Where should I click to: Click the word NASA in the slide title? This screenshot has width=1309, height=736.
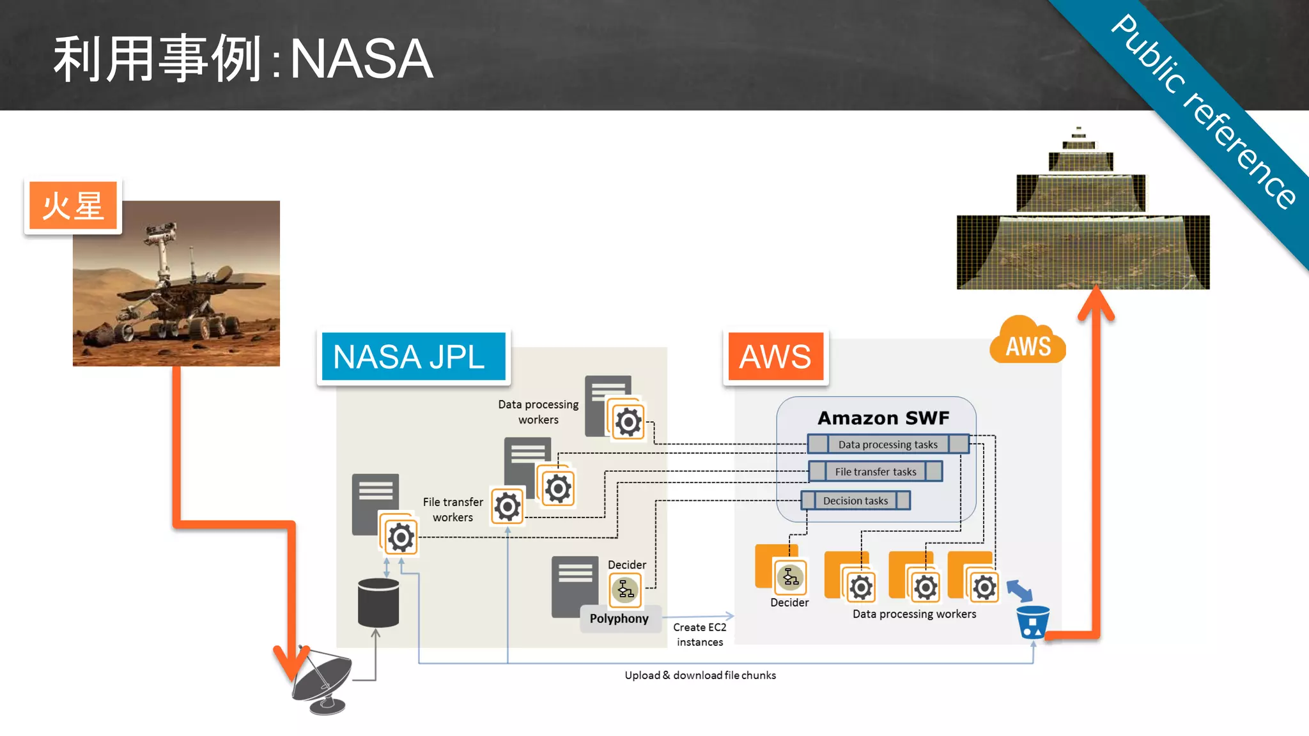click(x=362, y=59)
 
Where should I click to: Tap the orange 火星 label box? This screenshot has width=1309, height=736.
click(x=73, y=206)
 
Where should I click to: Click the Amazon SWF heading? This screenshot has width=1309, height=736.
click(x=883, y=418)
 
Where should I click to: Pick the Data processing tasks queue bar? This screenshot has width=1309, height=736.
click(x=888, y=444)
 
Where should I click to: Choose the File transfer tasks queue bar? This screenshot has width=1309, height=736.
click(x=875, y=471)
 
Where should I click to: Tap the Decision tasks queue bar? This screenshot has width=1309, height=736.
click(x=855, y=501)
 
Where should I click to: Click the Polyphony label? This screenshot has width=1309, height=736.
click(x=619, y=618)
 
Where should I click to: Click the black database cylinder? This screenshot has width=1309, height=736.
click(x=378, y=603)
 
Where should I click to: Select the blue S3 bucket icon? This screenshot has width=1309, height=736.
click(x=1032, y=622)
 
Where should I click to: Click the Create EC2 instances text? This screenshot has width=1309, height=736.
click(x=700, y=634)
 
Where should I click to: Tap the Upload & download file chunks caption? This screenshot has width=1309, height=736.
click(x=700, y=675)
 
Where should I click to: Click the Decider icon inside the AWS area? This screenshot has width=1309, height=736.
click(x=791, y=577)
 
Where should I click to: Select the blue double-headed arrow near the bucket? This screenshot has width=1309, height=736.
click(x=1019, y=590)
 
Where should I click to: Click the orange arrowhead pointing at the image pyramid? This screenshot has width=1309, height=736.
click(x=1096, y=303)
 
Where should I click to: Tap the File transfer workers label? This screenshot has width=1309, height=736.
click(x=453, y=510)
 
